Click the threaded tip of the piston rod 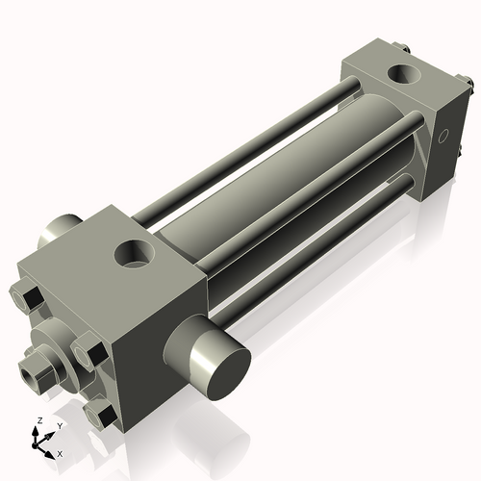pos(30,368)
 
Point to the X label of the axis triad pos(60,452)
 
